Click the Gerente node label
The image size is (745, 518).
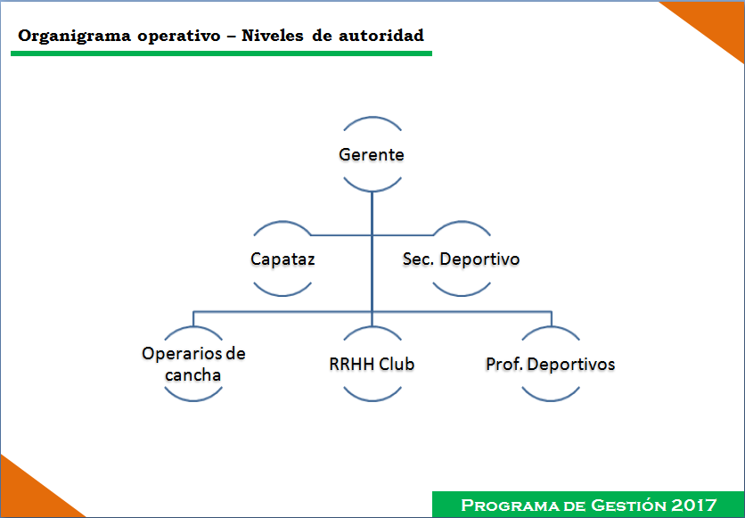(372, 154)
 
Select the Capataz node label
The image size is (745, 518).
(282, 259)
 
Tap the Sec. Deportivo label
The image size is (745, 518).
(461, 259)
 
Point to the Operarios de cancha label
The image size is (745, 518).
(193, 364)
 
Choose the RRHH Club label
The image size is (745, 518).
(372, 364)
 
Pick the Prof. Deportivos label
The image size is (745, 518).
(550, 364)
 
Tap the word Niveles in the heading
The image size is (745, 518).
(273, 35)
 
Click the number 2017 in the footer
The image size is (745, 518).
(694, 505)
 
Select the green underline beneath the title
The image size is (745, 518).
(221, 53)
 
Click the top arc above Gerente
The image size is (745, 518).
(372, 118)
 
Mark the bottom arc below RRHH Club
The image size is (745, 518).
(372, 399)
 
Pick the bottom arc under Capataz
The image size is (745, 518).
(282, 294)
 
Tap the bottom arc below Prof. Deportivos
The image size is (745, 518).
(551, 399)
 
